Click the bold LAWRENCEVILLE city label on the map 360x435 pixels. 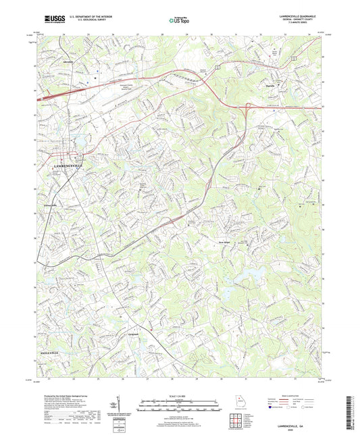(63, 166)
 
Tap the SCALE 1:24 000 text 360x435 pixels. (180, 396)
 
